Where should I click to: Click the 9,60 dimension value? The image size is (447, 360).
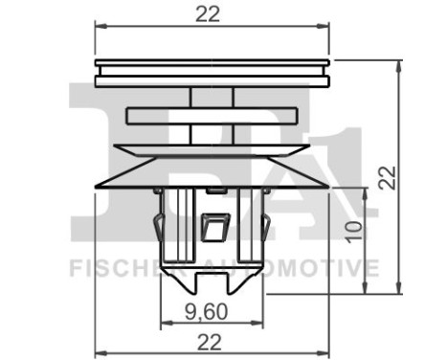click(x=207, y=312)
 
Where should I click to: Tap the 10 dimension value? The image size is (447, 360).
click(x=354, y=232)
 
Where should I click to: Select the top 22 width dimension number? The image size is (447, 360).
click(x=208, y=14)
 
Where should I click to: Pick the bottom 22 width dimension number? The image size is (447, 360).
click(x=209, y=343)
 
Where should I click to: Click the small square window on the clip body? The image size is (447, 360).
click(x=215, y=227)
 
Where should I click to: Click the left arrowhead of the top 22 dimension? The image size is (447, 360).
click(x=101, y=26)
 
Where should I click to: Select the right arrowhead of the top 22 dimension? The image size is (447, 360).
click(x=323, y=26)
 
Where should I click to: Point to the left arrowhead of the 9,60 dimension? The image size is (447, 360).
click(x=167, y=323)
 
